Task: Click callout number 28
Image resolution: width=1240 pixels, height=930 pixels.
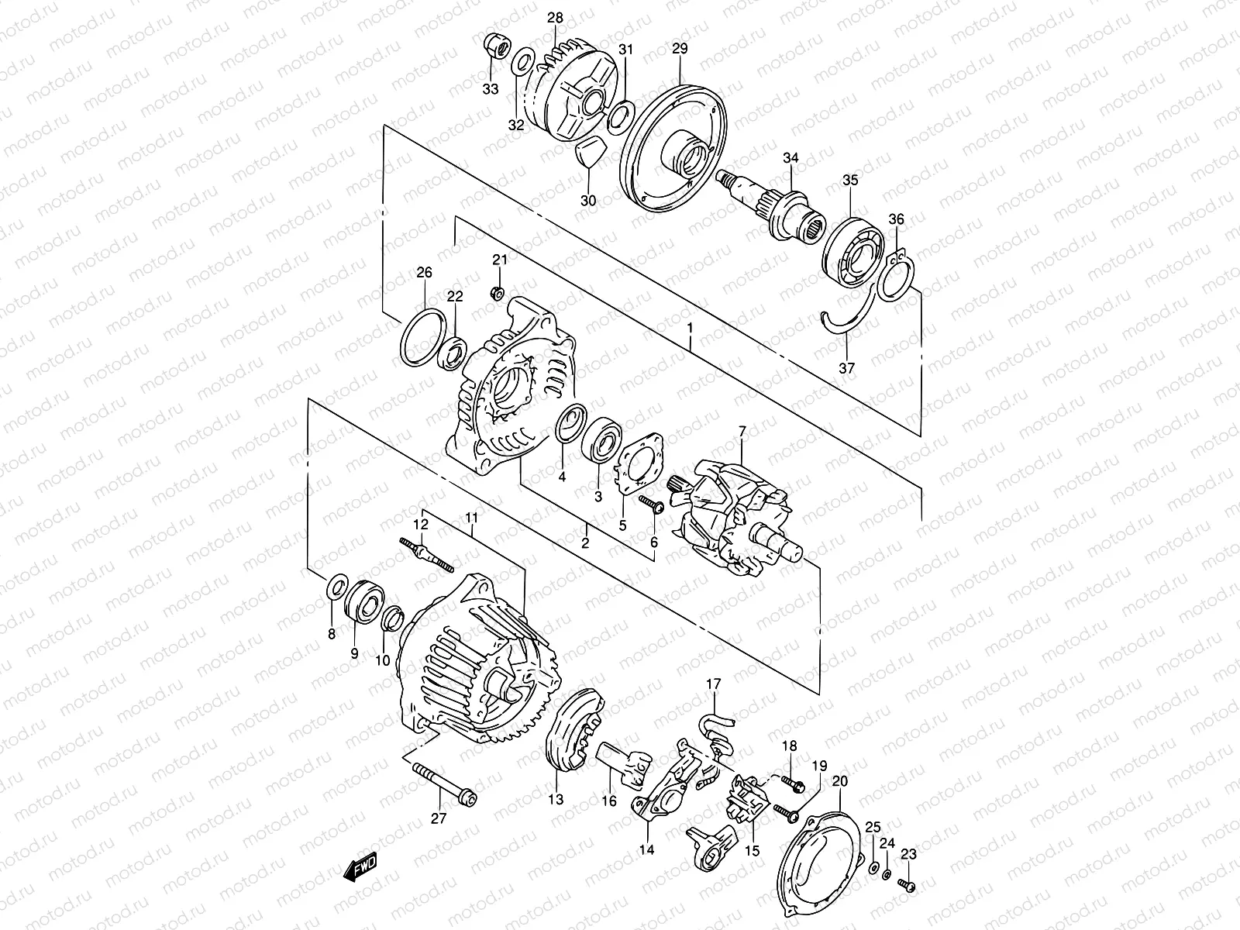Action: click(x=555, y=18)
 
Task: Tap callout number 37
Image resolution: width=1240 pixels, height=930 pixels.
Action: click(x=846, y=368)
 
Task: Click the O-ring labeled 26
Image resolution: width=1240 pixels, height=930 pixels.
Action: click(x=423, y=337)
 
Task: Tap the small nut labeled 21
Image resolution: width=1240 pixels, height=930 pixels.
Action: click(x=497, y=293)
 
